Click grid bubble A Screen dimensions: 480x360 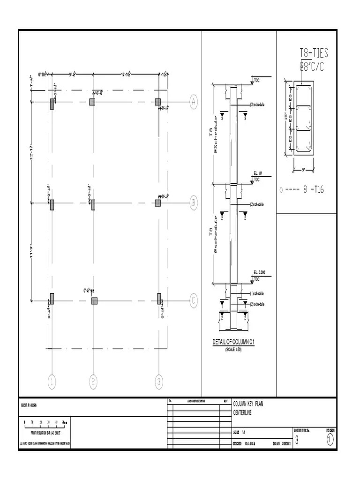[193, 102]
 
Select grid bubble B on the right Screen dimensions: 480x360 [193, 203]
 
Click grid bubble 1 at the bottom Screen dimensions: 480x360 [52, 382]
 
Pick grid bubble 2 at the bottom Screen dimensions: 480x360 [93, 382]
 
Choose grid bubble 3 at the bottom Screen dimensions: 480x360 [159, 382]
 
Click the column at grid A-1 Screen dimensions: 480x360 [52, 104]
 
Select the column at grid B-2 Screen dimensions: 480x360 [93, 204]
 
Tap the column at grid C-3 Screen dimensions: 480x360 [159, 299]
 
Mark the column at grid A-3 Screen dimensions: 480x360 [158, 102]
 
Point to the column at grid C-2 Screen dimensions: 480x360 [94, 300]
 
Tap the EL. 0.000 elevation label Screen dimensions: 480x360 [259, 272]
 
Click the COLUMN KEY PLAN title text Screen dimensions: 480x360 [248, 404]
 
